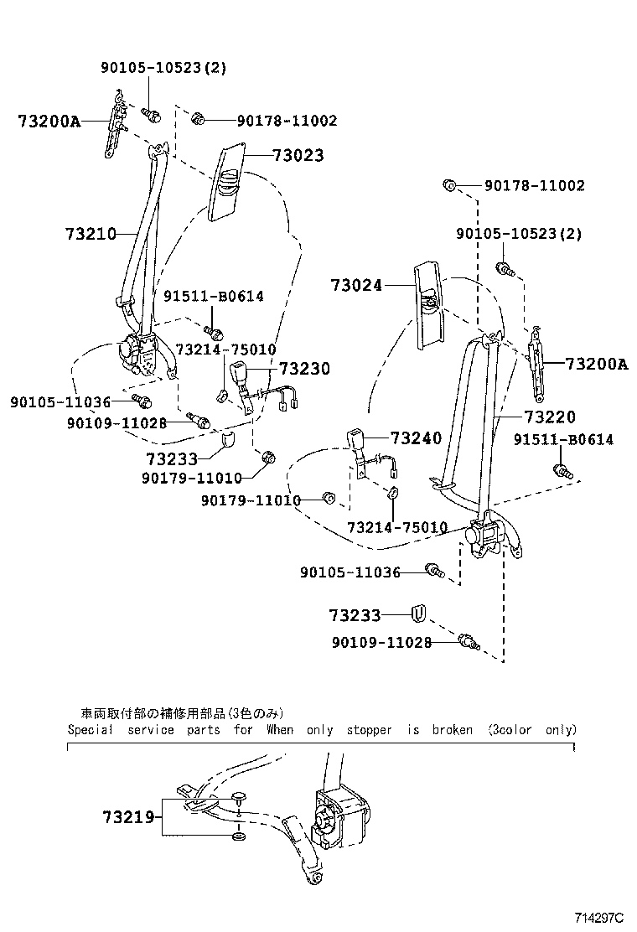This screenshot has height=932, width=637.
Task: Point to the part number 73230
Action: tap(304, 369)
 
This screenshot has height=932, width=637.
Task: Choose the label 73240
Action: tap(417, 438)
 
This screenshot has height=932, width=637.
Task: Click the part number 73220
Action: tap(551, 416)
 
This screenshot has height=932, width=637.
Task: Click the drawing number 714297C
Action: tap(599, 918)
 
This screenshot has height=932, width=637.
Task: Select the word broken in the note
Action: tap(452, 729)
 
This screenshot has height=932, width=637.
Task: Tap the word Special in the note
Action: tap(91, 729)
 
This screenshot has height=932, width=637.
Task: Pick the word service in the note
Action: tap(151, 729)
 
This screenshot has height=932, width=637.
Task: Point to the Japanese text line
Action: tap(176, 713)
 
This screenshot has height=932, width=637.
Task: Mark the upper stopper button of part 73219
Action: tap(240, 796)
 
